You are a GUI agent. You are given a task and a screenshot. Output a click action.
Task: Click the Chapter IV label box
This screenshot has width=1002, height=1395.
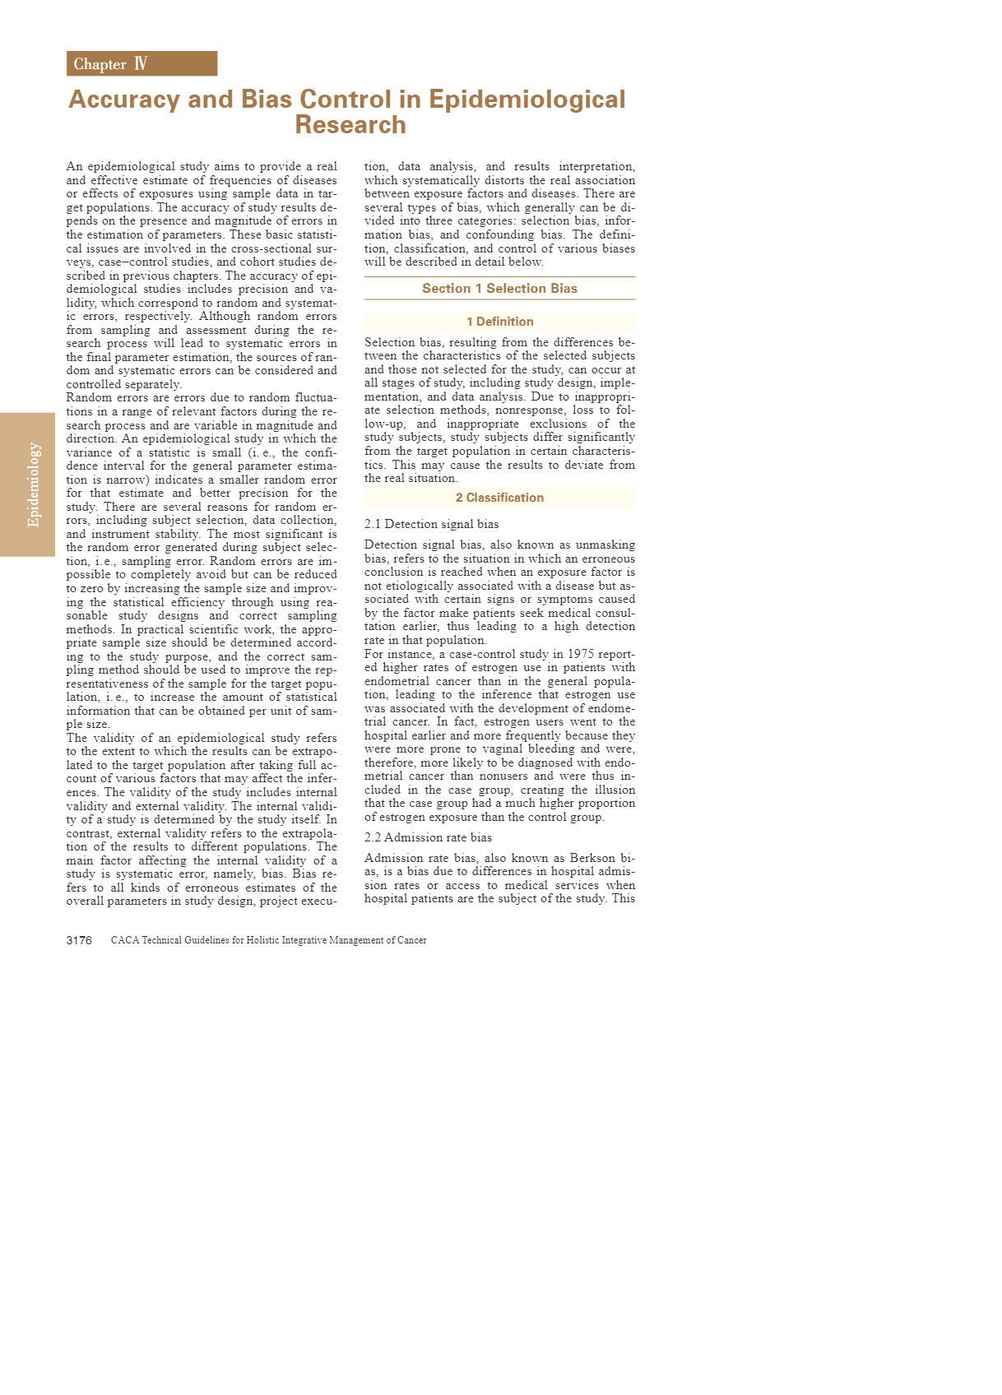[x=141, y=63]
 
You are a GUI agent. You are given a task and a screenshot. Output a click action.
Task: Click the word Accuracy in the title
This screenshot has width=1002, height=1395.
[x=124, y=100]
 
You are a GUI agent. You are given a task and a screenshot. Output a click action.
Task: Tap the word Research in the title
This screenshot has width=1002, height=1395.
[x=350, y=125]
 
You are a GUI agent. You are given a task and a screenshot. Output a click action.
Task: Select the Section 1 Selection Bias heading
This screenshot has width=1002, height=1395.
[x=499, y=289]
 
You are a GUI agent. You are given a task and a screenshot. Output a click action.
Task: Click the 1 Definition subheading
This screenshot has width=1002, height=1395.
[x=499, y=322]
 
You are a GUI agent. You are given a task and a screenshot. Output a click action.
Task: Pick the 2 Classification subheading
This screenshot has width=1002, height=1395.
[x=499, y=498]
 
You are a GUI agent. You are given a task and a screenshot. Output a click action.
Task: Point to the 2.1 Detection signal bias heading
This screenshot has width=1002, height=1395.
[x=431, y=524]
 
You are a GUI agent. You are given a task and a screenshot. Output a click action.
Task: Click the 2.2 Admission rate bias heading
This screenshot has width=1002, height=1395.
[x=428, y=837]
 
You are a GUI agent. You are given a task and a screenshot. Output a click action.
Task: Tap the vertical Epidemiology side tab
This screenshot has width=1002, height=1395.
[x=33, y=484]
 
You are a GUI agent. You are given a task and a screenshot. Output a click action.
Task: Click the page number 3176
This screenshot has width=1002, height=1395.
[x=79, y=940]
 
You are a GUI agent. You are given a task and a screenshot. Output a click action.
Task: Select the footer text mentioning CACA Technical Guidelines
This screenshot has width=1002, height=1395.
[x=268, y=940]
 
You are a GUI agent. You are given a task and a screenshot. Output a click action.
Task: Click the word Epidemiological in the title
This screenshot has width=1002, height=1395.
[x=527, y=100]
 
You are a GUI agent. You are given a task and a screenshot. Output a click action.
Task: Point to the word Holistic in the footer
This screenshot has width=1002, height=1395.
[x=265, y=940]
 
